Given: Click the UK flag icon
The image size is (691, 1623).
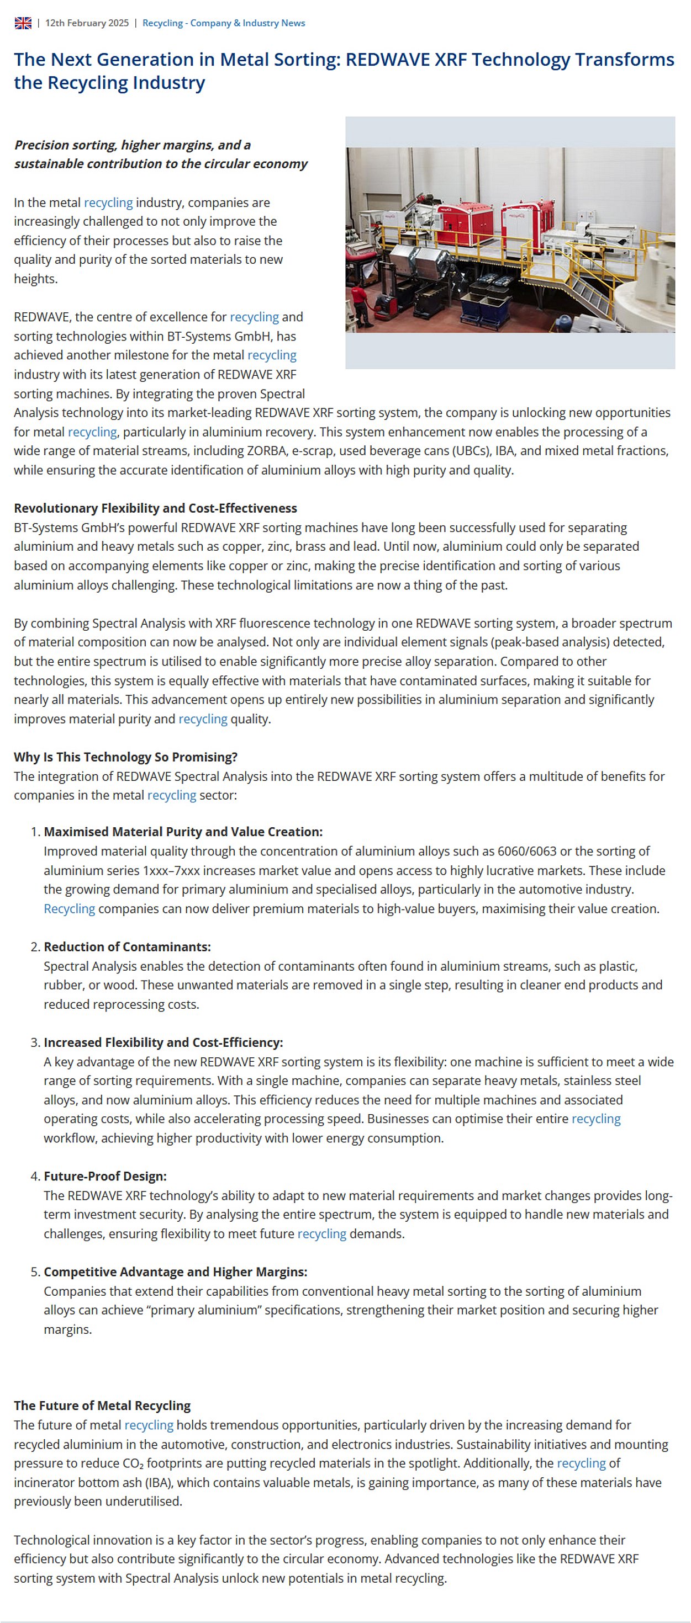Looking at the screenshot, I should click(23, 23).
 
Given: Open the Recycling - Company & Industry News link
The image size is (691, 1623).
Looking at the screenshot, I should click(223, 23).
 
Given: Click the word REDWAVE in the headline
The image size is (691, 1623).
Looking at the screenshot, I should click(383, 59).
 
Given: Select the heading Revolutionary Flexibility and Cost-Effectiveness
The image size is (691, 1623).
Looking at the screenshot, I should click(155, 508).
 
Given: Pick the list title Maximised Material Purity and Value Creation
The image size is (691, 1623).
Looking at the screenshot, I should click(183, 832).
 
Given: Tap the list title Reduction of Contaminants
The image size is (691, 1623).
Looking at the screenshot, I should click(126, 946).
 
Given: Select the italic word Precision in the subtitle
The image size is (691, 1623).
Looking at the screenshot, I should click(40, 145).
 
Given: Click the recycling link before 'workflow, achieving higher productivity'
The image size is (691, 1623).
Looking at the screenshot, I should click(595, 1119).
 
